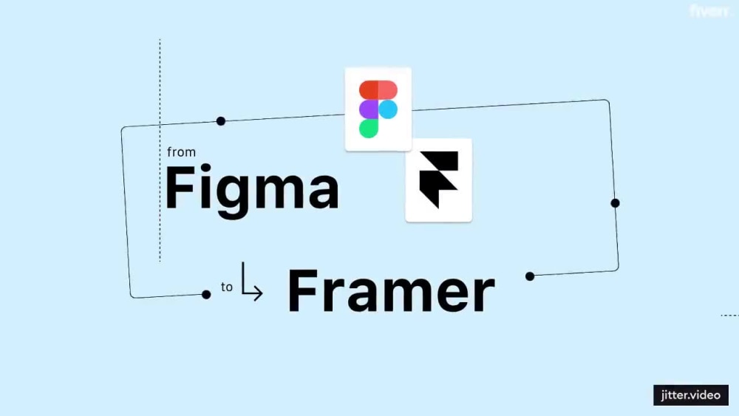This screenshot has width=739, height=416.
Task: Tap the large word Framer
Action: (391, 290)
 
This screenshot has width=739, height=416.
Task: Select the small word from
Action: (182, 152)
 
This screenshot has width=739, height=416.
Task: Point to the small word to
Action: (227, 287)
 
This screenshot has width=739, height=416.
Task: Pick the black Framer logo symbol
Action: (439, 180)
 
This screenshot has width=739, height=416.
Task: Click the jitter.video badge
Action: (691, 395)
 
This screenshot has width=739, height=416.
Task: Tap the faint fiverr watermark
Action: (709, 10)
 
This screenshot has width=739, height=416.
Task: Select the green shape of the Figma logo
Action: (369, 129)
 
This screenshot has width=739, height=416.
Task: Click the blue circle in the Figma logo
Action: (388, 109)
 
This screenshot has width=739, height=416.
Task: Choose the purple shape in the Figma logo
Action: (369, 109)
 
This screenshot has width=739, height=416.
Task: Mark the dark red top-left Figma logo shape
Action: (369, 90)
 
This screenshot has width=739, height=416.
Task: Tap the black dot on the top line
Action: (220, 121)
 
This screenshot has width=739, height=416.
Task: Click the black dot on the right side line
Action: (615, 203)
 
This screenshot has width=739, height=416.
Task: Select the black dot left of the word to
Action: (206, 295)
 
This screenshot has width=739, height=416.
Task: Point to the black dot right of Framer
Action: (530, 276)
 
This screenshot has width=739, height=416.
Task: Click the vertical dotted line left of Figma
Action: (160, 150)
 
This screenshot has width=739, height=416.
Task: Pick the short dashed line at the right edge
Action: (730, 316)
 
